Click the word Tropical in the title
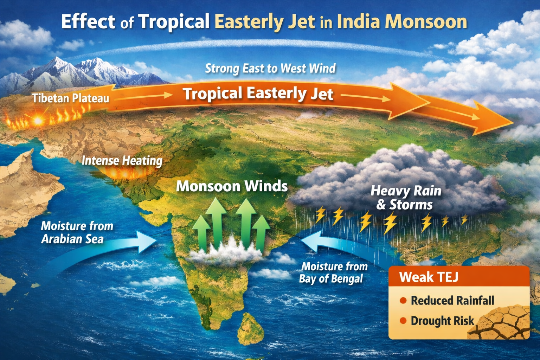[x=174, y=22]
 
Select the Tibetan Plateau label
[x=70, y=98]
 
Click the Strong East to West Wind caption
[x=270, y=68]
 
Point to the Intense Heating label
[x=122, y=161]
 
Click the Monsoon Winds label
[x=232, y=186]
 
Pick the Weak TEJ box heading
[x=429, y=277]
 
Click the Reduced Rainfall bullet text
[x=452, y=301]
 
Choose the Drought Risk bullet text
[x=442, y=321]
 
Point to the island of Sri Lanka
[x=250, y=329]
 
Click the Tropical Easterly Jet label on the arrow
[x=258, y=94]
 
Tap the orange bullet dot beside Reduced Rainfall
[x=403, y=301]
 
